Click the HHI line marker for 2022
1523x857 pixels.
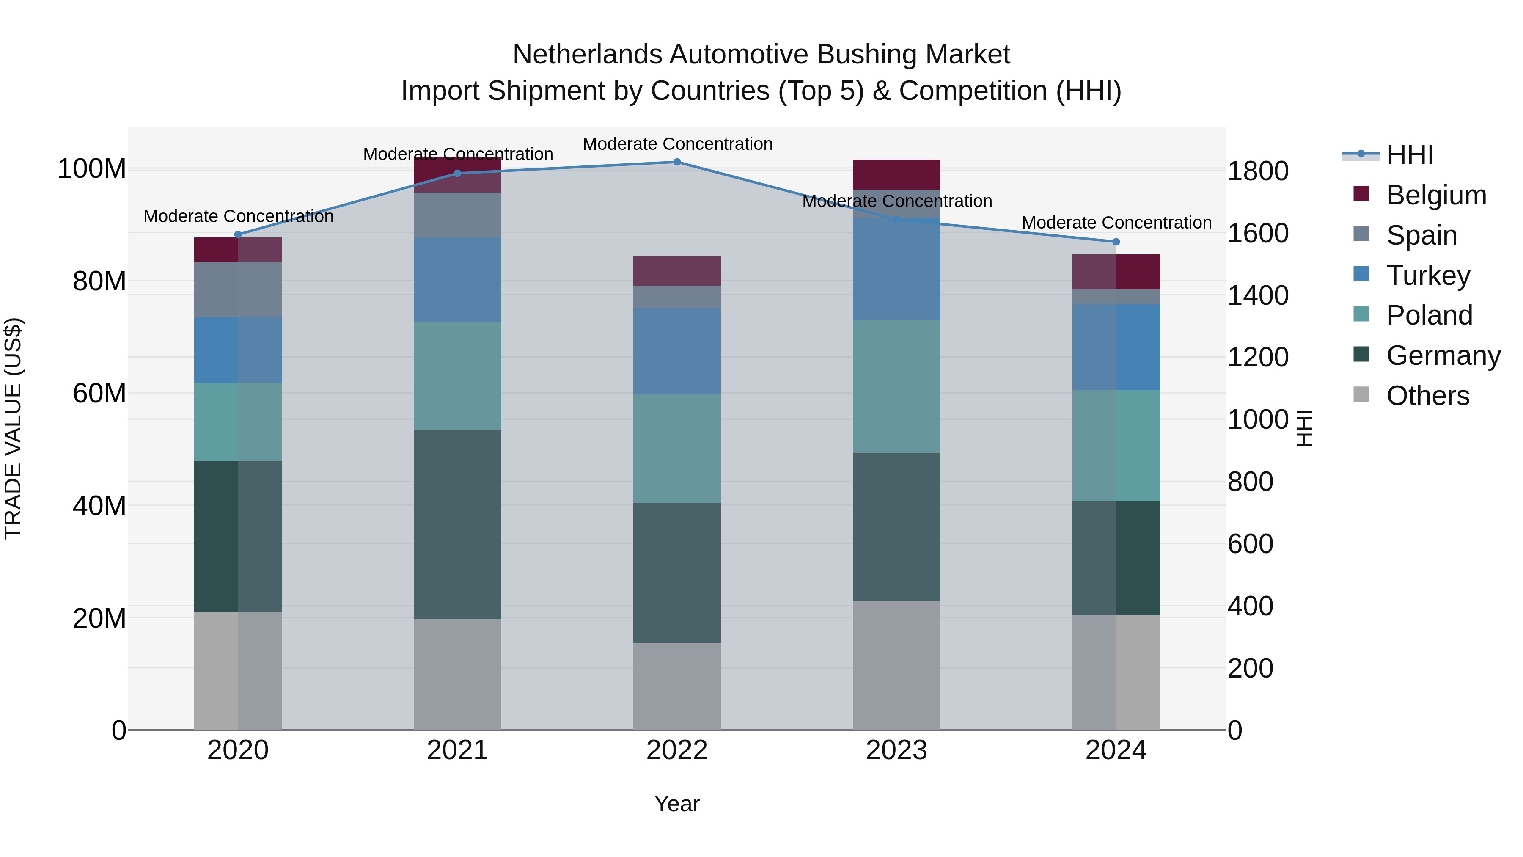pyautogui.click(x=677, y=162)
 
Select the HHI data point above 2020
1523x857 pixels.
pyautogui.click(x=238, y=235)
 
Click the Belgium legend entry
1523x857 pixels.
pyautogui.click(x=1435, y=195)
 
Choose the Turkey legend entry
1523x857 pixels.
pyautogui.click(x=1428, y=276)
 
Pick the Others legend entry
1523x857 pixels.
pyautogui.click(x=1427, y=396)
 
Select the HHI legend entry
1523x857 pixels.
pyautogui.click(x=1410, y=155)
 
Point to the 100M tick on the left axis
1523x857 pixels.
pyautogui.click(x=92, y=169)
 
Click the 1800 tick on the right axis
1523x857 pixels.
pyautogui.click(x=1258, y=171)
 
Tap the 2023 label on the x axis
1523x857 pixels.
pyautogui.click(x=896, y=750)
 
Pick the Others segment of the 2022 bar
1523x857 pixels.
pyautogui.click(x=677, y=686)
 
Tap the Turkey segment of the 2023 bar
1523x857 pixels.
pyautogui.click(x=896, y=269)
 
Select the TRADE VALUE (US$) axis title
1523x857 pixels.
pyautogui.click(x=13, y=428)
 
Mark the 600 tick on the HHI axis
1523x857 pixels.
pyautogui.click(x=1250, y=544)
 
